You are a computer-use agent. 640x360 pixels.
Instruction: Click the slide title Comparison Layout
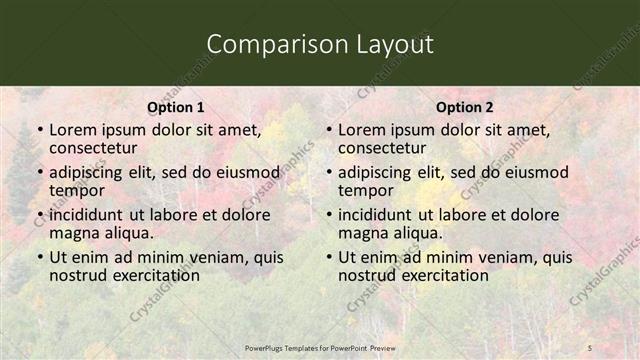[320, 44]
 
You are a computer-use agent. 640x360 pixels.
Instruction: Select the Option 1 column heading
[176, 107]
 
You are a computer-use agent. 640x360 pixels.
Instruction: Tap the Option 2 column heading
[465, 107]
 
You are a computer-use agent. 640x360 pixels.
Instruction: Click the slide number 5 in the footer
[590, 347]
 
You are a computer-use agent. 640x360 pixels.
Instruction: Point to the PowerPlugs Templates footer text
[320, 347]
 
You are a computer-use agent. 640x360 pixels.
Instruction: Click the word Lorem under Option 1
[72, 130]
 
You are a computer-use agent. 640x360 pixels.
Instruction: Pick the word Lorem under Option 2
[361, 130]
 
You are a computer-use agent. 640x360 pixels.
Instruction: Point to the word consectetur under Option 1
[95, 148]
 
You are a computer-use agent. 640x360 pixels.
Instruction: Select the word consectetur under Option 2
[384, 148]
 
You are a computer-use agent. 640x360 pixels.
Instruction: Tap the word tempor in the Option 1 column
[76, 190]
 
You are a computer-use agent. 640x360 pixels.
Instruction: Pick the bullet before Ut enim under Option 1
[39, 258]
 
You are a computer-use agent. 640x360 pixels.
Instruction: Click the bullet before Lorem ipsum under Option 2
[328, 131]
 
